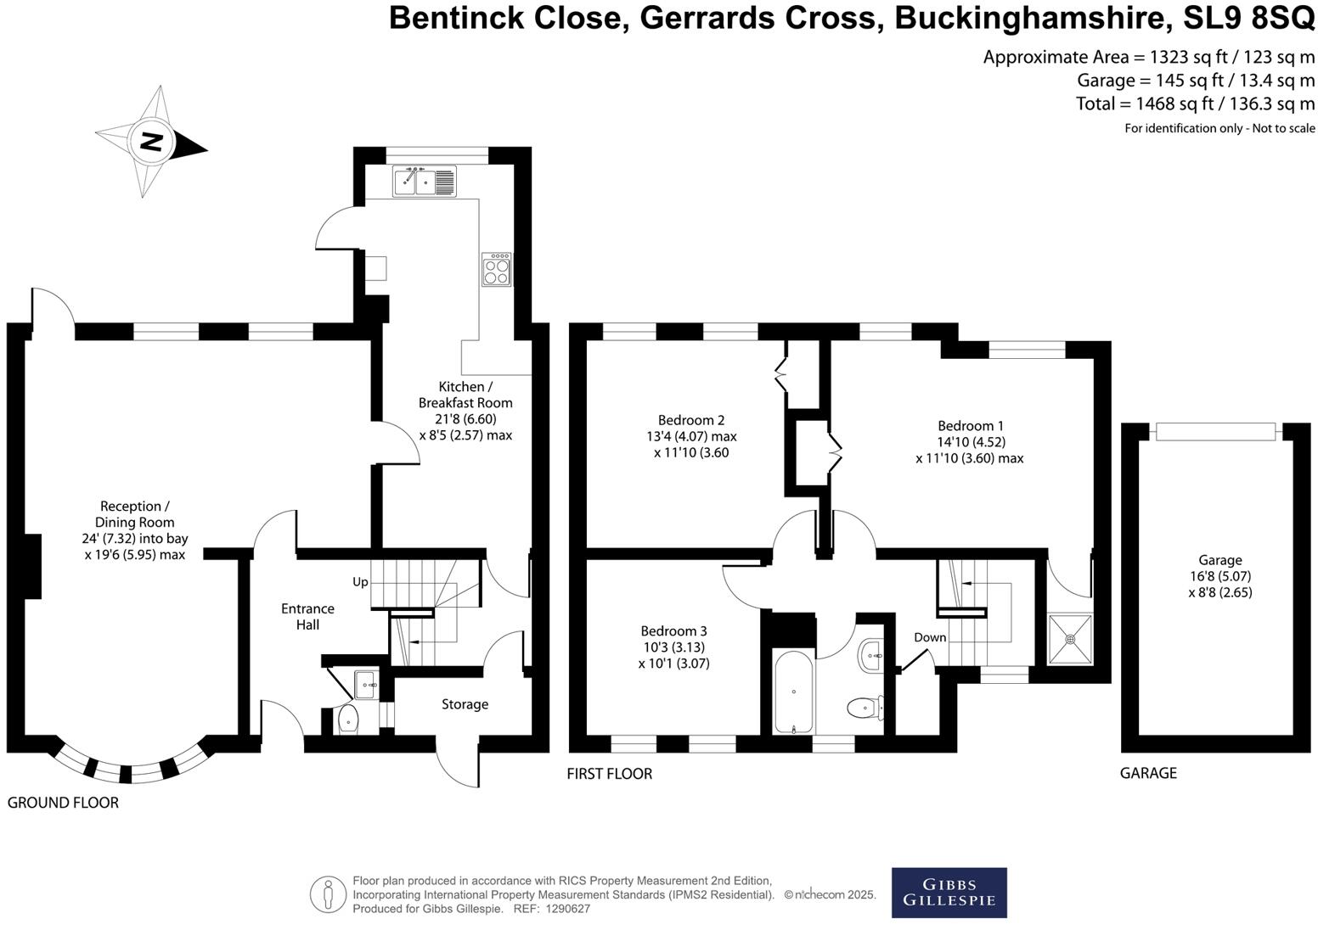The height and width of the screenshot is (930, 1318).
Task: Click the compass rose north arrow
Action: click(151, 142)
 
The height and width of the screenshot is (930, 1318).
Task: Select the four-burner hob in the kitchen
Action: click(497, 270)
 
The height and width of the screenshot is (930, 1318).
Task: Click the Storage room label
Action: click(465, 704)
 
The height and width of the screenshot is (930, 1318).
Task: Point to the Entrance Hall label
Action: click(307, 616)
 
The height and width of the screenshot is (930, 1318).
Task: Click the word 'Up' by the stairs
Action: click(361, 582)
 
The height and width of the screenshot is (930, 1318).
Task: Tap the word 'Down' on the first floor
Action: click(930, 637)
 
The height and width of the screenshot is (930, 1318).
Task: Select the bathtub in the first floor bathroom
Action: click(794, 692)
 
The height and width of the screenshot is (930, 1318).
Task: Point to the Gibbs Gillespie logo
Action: click(949, 893)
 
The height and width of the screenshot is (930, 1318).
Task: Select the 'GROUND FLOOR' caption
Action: click(63, 803)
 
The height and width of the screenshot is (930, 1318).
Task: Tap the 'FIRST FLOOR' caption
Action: click(609, 774)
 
